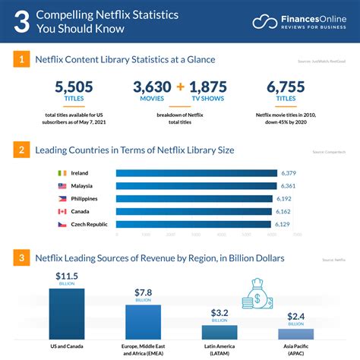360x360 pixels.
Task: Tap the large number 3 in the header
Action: [22, 21]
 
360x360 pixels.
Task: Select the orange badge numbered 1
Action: [23, 59]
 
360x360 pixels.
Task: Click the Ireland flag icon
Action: [62, 173]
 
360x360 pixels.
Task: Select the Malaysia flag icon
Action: [62, 186]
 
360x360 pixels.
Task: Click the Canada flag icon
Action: [62, 211]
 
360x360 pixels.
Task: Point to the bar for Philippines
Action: [194, 198]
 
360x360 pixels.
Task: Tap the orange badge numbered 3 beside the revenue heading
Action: [23, 258]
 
